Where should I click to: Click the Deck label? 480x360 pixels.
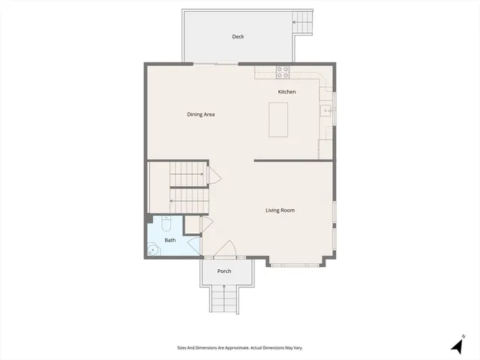[x=238, y=37]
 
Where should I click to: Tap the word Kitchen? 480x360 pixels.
[x=286, y=92]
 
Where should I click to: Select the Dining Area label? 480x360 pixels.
[x=201, y=115]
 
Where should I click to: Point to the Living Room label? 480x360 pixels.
[x=280, y=211]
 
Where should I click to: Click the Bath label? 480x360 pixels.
[x=170, y=240]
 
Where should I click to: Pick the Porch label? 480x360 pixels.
[x=223, y=271]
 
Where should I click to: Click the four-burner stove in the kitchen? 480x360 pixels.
[x=283, y=73]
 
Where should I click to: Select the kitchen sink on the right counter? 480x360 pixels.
[x=325, y=112]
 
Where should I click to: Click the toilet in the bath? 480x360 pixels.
[x=166, y=223]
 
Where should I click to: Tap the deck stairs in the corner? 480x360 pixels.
[x=303, y=22]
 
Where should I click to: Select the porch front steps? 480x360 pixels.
[x=223, y=301]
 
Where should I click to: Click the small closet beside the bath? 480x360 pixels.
[x=192, y=224]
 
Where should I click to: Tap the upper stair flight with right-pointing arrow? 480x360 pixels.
[x=187, y=175]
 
